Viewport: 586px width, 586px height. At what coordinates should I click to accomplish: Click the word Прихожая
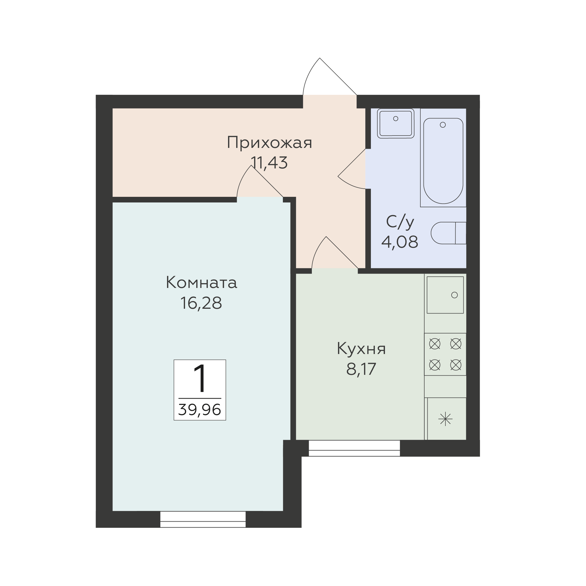[269, 143]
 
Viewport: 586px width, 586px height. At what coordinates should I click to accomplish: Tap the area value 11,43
[269, 163]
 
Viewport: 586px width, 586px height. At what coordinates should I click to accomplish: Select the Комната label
[201, 283]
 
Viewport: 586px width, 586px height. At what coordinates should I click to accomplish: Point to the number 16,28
[201, 303]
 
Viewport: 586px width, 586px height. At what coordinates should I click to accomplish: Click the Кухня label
[361, 349]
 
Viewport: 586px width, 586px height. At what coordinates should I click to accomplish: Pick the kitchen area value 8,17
[361, 369]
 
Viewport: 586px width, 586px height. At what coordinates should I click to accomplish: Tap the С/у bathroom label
[400, 222]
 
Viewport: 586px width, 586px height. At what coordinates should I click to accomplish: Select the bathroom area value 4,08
[400, 242]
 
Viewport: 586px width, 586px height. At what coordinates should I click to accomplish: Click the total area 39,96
[200, 410]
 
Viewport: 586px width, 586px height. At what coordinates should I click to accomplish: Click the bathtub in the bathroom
[443, 161]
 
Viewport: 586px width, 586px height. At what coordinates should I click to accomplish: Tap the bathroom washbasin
[396, 123]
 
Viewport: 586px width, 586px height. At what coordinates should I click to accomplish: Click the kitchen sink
[445, 295]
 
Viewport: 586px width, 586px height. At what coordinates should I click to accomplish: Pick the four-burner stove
[445, 354]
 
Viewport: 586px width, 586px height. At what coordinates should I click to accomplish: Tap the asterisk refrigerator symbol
[445, 419]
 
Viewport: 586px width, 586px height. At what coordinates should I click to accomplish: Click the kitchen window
[354, 448]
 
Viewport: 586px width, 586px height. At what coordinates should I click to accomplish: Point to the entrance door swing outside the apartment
[330, 76]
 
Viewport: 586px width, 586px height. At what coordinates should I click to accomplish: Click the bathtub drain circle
[443, 125]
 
